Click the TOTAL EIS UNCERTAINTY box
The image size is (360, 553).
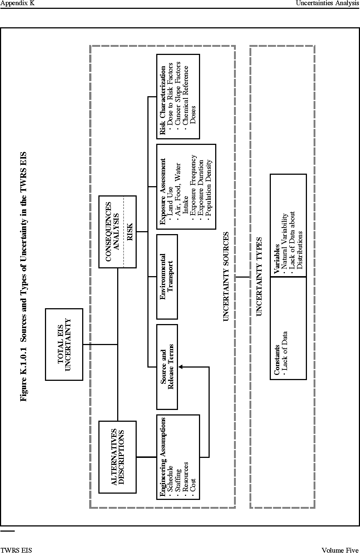click(64, 344)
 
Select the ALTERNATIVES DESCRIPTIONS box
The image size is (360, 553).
click(118, 457)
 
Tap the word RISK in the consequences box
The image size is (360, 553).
click(130, 232)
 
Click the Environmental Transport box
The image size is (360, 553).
click(167, 277)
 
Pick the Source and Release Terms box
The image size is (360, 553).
click(167, 367)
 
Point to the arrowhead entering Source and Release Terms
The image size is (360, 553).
click(181, 367)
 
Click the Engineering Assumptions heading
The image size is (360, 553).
click(162, 457)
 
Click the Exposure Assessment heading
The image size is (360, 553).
click(162, 191)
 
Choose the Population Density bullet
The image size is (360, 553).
click(209, 188)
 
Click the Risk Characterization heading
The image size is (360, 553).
click(162, 100)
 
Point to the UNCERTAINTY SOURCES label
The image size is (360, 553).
click(226, 276)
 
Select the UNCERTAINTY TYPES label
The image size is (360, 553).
click(259, 276)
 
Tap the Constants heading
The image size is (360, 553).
click(277, 360)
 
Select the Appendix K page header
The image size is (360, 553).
click(18, 3)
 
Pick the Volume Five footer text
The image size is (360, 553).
click(340, 550)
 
